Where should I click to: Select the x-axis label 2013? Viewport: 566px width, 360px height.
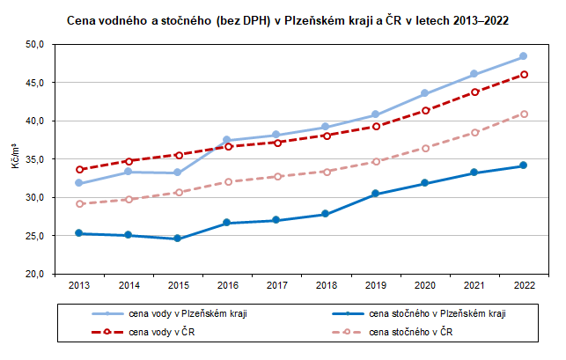point(79,286)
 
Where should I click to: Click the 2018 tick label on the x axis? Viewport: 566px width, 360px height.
point(325,286)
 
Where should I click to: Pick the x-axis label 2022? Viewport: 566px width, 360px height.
point(523,286)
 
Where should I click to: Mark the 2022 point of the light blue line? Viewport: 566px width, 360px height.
point(523,56)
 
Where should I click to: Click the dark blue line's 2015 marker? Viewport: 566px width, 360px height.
point(178,239)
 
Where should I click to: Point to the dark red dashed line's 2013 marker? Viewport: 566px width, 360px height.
point(79,169)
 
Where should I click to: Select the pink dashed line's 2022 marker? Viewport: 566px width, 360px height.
point(523,114)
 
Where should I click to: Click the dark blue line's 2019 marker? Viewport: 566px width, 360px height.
point(375,194)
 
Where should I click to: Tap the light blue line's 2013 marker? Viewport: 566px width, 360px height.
point(79,183)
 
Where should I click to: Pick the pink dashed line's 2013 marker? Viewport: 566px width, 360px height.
point(79,203)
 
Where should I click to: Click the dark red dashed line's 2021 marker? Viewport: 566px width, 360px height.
point(474,92)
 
